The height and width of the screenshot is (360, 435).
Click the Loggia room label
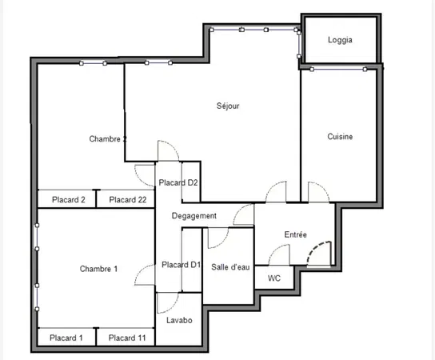340,40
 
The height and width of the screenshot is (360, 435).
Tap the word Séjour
228,106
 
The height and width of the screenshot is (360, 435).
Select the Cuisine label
340,137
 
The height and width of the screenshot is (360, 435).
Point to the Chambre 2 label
108,138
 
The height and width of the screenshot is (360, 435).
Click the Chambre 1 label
98,269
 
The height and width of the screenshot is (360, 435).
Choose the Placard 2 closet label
69,199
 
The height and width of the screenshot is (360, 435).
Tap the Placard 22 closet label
128,199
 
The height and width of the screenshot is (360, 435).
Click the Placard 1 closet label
66,338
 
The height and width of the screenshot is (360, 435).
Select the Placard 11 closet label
127,338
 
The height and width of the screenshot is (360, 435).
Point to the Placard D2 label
178,182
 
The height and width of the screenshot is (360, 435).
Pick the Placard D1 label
181,265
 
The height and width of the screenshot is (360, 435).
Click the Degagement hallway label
194,216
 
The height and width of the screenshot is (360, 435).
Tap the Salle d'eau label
230,267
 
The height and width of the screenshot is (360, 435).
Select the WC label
274,278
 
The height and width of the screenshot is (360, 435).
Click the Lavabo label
179,320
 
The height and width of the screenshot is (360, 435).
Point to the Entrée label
295,234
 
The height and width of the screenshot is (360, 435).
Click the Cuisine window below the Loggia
338,69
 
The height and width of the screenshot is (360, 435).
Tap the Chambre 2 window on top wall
93,63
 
